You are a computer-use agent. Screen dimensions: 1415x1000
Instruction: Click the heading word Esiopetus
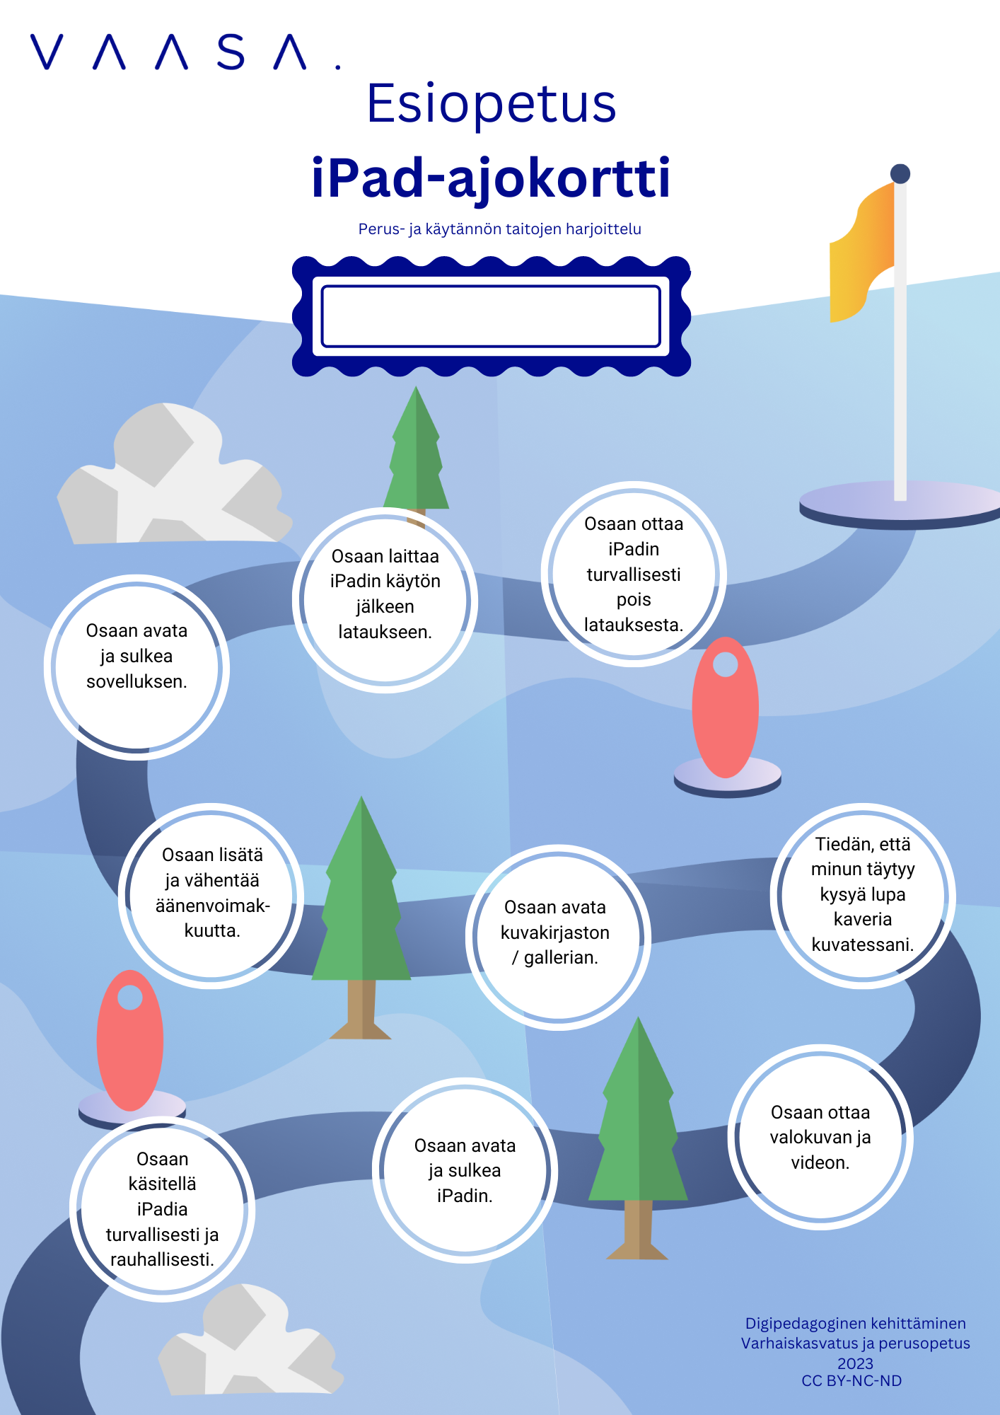pyautogui.click(x=491, y=103)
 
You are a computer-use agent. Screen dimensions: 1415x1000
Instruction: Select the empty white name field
pyautogui.click(x=491, y=316)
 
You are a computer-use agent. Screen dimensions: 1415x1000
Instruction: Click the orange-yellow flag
pyautogui.click(x=861, y=255)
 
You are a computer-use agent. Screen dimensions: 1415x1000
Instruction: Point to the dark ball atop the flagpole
pyautogui.click(x=900, y=173)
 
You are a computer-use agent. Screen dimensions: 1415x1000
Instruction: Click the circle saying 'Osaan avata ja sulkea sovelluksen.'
pyautogui.click(x=136, y=667)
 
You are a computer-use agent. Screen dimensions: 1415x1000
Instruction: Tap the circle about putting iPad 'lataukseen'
pyautogui.click(x=385, y=600)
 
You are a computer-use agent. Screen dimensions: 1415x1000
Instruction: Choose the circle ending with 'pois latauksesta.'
pyautogui.click(x=634, y=574)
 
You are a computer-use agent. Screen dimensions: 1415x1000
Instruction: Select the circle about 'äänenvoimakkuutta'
pyautogui.click(x=212, y=896)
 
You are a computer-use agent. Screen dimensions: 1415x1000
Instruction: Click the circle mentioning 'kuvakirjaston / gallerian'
pyautogui.click(x=557, y=936)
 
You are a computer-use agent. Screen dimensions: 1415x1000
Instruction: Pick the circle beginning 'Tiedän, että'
pyautogui.click(x=863, y=895)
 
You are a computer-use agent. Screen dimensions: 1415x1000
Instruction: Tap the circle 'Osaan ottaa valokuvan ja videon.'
pyautogui.click(x=820, y=1137)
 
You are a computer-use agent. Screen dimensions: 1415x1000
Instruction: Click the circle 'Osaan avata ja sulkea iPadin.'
pyautogui.click(x=465, y=1170)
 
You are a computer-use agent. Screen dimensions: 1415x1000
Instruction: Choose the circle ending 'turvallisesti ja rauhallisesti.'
pyautogui.click(x=163, y=1208)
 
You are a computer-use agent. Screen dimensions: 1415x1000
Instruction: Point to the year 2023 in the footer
pyautogui.click(x=855, y=1363)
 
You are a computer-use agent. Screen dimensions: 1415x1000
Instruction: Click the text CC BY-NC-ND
pyautogui.click(x=851, y=1380)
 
